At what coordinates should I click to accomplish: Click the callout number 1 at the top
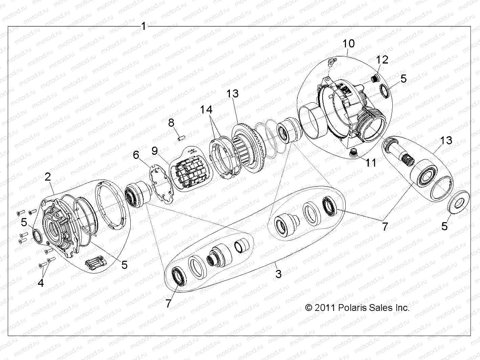point(144,26)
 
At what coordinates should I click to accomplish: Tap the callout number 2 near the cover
point(48,176)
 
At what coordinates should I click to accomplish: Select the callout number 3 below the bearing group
point(278,274)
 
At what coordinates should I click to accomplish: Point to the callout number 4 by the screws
point(41,282)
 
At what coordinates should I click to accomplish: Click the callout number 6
point(136,155)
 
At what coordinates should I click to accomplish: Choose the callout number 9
point(155,150)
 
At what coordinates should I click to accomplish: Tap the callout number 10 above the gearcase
point(349,43)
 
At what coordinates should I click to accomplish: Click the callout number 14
point(206,109)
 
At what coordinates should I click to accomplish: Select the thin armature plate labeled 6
point(161,183)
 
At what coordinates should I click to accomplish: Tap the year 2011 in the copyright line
point(324,308)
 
